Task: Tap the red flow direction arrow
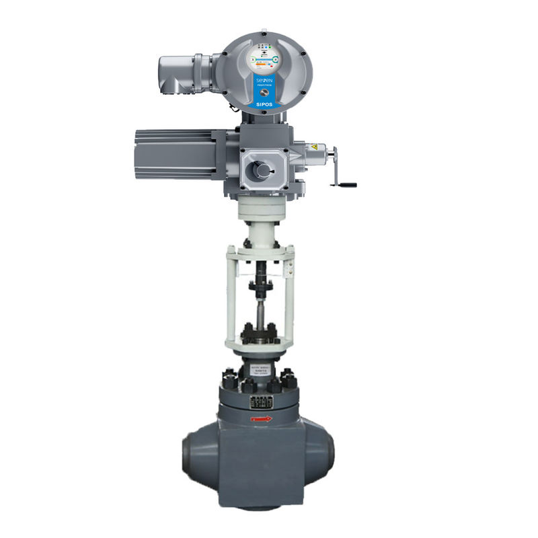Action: (x=262, y=419)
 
